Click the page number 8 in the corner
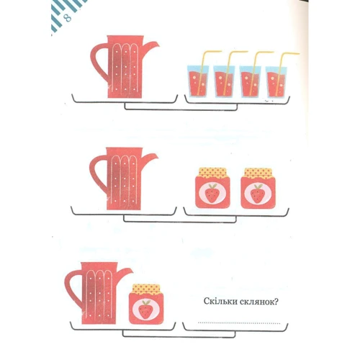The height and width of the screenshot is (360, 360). (68, 18)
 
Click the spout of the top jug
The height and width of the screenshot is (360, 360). (151, 46)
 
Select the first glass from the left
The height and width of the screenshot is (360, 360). (198, 81)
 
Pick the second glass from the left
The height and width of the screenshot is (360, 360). (224, 81)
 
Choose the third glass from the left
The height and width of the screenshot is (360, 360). (250, 81)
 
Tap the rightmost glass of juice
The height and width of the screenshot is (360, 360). (276, 81)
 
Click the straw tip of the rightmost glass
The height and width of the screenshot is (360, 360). (298, 53)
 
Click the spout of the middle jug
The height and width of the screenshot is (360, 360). (150, 158)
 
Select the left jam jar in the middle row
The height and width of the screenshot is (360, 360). (212, 188)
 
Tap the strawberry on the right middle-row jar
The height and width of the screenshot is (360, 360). (258, 194)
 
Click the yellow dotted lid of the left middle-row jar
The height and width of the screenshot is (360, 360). (212, 173)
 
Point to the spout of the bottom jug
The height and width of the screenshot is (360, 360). (125, 272)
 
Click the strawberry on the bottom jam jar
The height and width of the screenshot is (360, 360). (145, 310)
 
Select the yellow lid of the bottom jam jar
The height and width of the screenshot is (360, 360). (146, 289)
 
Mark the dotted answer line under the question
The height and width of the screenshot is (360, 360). (239, 323)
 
